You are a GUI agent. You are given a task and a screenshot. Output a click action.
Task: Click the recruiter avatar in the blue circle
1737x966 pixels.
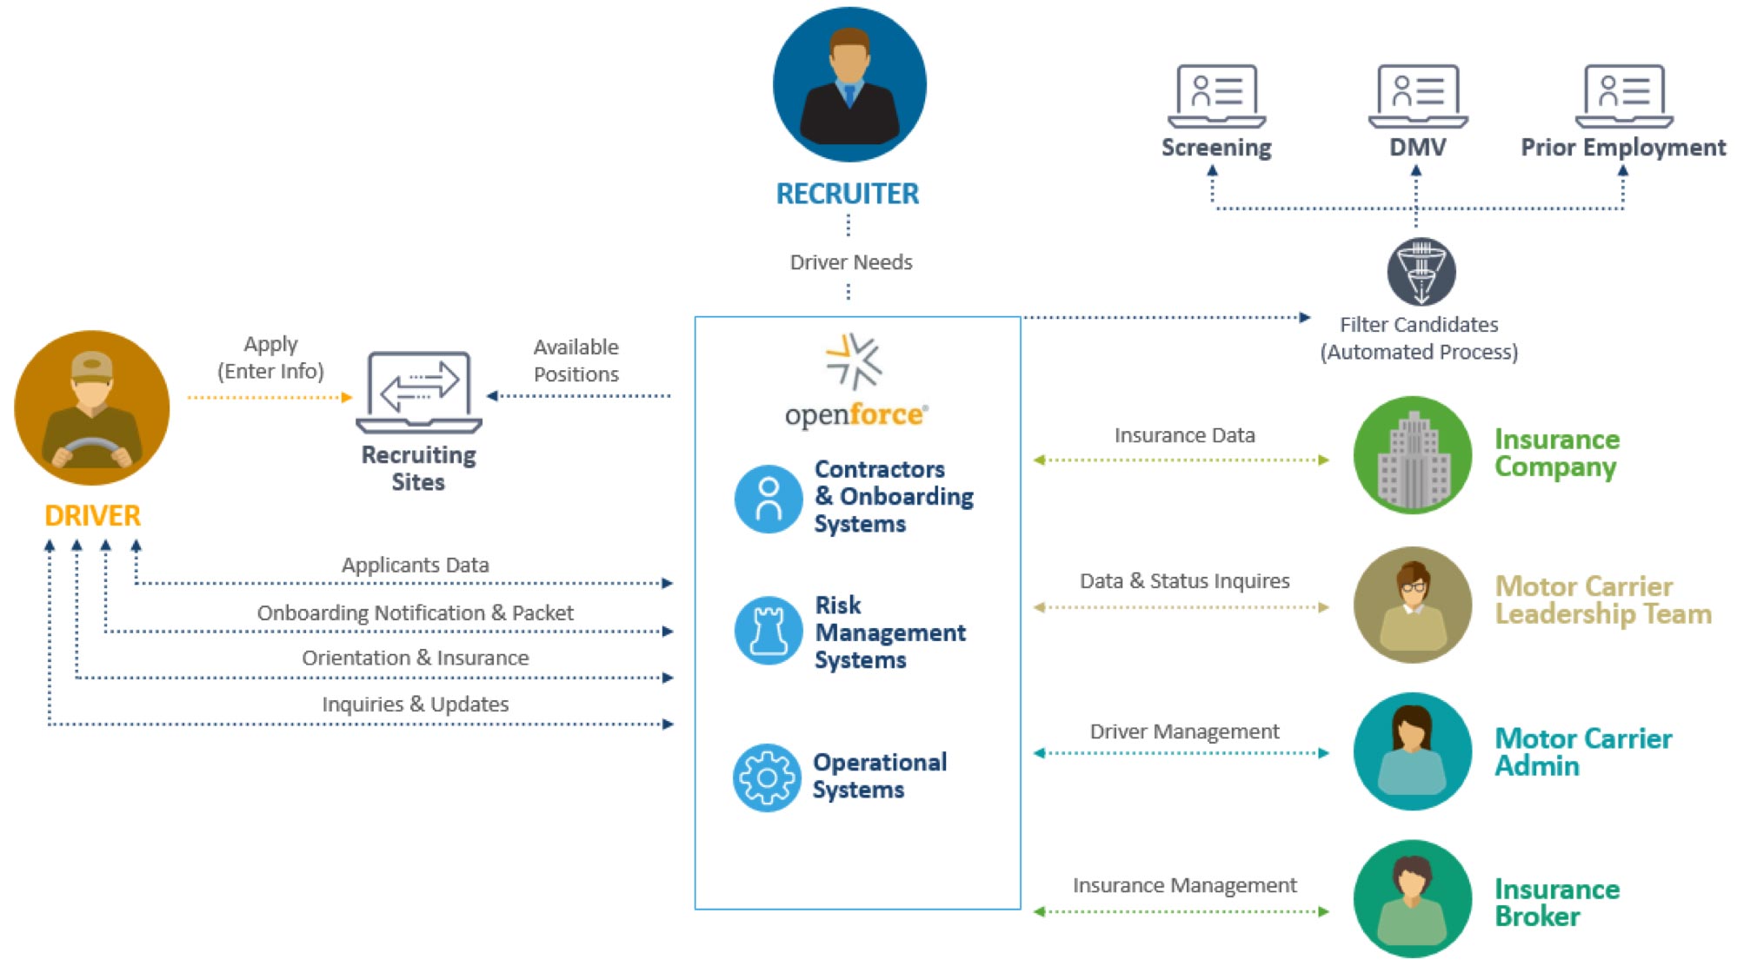pyautogui.click(x=849, y=84)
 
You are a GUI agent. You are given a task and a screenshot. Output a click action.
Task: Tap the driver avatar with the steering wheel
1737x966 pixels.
pyautogui.click(x=92, y=407)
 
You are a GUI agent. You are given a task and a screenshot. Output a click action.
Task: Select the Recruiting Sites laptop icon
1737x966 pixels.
pyautogui.click(x=419, y=392)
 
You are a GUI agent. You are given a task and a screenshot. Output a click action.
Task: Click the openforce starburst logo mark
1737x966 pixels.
pyautogui.click(x=854, y=361)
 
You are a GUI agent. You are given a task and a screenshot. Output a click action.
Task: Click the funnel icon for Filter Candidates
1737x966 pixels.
pyautogui.click(x=1421, y=271)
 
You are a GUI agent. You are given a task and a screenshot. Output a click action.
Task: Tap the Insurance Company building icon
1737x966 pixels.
pyautogui.click(x=1413, y=455)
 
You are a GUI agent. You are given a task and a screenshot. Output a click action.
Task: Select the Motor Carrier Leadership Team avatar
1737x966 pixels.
pyautogui.click(x=1413, y=605)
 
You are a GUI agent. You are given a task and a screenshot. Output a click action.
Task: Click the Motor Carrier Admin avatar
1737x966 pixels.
pyautogui.click(x=1413, y=751)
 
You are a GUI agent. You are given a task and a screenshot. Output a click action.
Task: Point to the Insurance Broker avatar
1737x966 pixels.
pyautogui.click(x=1413, y=898)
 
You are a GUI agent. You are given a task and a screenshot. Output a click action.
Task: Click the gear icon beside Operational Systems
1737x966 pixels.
pyautogui.click(x=767, y=777)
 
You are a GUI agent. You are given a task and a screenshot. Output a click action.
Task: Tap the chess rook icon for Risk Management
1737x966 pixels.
pyautogui.click(x=768, y=631)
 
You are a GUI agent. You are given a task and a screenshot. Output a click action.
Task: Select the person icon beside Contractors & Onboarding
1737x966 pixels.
pyautogui.click(x=768, y=499)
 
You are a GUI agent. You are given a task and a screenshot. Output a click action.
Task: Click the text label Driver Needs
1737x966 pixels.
pyautogui.click(x=850, y=262)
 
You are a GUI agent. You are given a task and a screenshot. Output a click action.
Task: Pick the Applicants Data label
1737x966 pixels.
pyautogui.click(x=415, y=565)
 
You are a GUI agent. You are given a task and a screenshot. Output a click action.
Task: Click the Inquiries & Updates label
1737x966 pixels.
pyautogui.click(x=415, y=704)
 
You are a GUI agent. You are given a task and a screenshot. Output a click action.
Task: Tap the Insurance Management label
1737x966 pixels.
pyautogui.click(x=1184, y=885)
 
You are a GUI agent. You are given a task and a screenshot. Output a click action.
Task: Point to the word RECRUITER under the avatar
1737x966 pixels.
pyautogui.click(x=847, y=194)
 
